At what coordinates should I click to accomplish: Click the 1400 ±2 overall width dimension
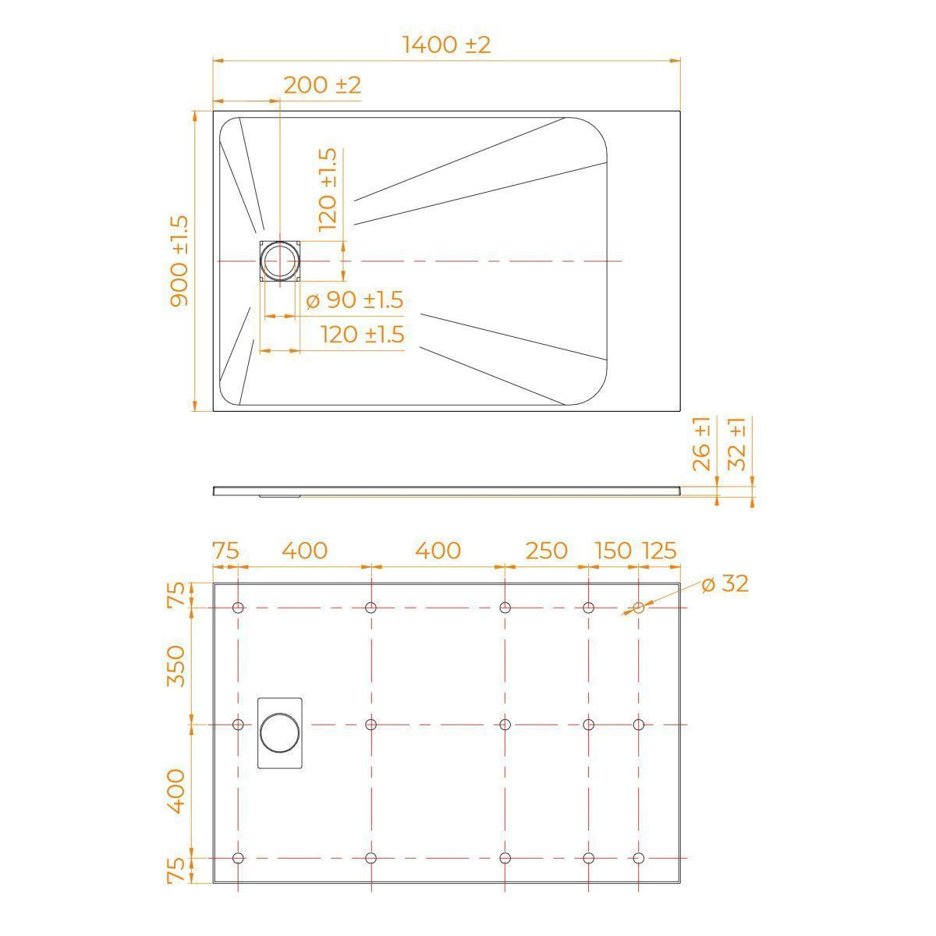click(446, 45)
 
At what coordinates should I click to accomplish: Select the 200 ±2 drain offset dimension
click(322, 86)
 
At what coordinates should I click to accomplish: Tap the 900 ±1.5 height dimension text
click(179, 261)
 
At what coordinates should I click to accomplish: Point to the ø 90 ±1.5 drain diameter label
click(355, 300)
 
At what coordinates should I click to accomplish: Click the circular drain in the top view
click(280, 261)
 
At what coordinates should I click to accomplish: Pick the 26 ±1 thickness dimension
click(701, 444)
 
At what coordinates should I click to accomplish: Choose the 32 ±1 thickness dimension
click(737, 444)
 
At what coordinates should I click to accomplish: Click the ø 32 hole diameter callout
click(725, 584)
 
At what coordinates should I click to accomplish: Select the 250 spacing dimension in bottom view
click(547, 551)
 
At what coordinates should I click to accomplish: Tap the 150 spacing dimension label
click(613, 551)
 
